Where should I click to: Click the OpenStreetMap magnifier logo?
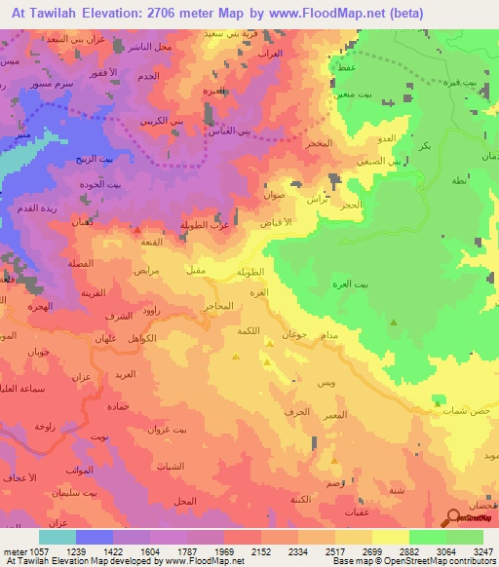coord(454,518)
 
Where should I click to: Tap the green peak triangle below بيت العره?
coord(394,321)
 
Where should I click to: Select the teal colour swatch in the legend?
coord(57,537)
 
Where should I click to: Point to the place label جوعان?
coord(294,334)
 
